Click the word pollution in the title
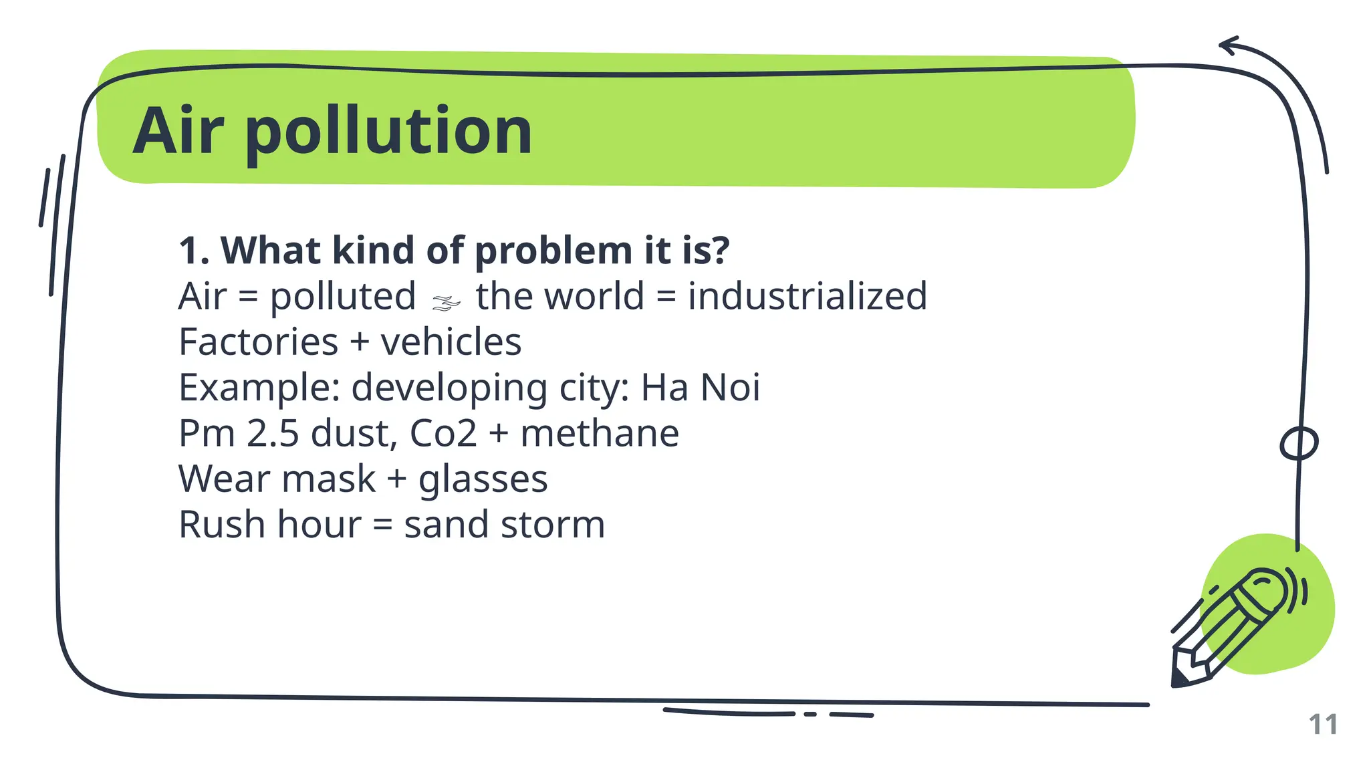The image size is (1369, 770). tap(389, 132)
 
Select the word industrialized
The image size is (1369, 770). tap(807, 296)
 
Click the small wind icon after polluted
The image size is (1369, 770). tap(446, 303)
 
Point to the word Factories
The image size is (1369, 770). tap(258, 342)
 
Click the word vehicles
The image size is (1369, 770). tap(451, 342)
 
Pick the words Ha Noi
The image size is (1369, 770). tap(700, 388)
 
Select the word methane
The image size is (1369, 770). tap(600, 433)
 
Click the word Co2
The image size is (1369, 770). tap(443, 433)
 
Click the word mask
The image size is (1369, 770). tap(328, 479)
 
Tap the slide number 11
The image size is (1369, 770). tap(1322, 725)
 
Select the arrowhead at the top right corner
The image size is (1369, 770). tap(1227, 45)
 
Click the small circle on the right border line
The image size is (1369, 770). tap(1298, 444)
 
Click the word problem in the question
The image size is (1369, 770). tap(553, 251)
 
